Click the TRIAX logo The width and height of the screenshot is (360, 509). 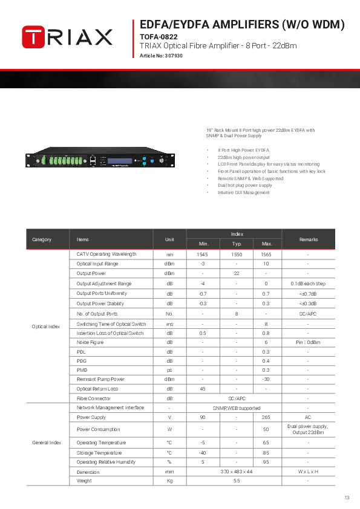click(x=67, y=37)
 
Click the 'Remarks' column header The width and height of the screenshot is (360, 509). click(x=308, y=239)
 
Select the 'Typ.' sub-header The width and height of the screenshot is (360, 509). click(x=237, y=244)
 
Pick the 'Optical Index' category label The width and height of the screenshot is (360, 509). click(x=46, y=326)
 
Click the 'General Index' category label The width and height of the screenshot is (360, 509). click(x=47, y=443)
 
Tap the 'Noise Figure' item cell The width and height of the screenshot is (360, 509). click(x=90, y=342)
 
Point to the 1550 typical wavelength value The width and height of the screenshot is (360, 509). click(x=237, y=254)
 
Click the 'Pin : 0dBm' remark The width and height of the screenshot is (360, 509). click(x=308, y=342)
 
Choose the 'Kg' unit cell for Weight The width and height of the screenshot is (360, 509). click(x=170, y=481)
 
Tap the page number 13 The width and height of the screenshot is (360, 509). click(x=347, y=498)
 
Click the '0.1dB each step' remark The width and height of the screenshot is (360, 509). click(x=308, y=284)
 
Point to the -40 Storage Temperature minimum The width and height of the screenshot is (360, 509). click(x=203, y=452)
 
